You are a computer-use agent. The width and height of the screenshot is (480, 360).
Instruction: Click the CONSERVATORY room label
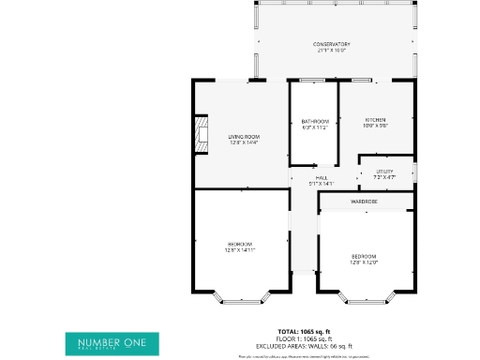(331, 44)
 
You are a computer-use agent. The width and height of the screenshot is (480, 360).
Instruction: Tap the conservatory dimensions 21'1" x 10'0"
(331, 51)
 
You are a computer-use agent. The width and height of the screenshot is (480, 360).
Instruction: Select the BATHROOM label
(314, 121)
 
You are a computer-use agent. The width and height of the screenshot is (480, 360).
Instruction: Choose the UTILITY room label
(384, 171)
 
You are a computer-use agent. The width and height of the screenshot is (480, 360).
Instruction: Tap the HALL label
(322, 177)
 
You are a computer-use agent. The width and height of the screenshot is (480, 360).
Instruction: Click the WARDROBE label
(365, 202)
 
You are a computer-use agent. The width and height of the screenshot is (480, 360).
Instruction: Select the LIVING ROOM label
(243, 137)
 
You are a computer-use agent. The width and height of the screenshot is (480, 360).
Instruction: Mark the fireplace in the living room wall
(200, 133)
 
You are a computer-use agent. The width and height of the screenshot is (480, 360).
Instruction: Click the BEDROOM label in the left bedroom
(239, 244)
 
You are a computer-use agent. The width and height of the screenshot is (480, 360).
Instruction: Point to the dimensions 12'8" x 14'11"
(239, 250)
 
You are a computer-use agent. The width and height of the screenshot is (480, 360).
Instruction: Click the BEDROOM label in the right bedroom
(364, 256)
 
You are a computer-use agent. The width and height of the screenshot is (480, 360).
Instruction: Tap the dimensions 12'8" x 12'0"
(364, 262)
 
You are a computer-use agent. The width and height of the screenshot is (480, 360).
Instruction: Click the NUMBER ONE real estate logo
(112, 342)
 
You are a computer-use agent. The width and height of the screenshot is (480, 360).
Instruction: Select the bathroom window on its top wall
(313, 82)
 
